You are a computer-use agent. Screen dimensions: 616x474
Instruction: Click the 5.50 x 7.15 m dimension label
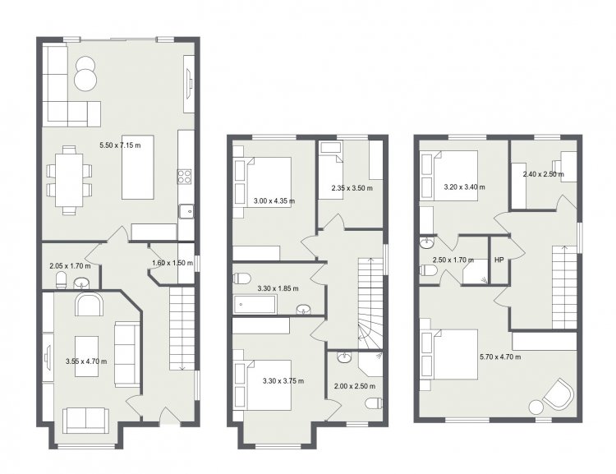[120, 145]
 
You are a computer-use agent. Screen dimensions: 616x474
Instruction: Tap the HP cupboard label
[499, 260]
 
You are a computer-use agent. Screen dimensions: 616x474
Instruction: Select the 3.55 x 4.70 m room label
[86, 361]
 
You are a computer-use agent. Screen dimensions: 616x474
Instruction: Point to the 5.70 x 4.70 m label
[500, 357]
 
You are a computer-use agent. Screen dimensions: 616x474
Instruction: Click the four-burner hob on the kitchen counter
[185, 177]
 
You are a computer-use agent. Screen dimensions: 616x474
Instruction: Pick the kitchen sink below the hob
[186, 211]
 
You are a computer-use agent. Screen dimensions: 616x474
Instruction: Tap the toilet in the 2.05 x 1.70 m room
[62, 280]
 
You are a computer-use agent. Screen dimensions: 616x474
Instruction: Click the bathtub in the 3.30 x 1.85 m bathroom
[255, 305]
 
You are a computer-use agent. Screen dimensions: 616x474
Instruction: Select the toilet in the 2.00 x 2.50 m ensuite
[374, 403]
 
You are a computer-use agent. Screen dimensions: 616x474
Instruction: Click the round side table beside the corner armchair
[536, 407]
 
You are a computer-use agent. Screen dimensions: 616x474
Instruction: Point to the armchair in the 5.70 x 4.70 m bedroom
[558, 393]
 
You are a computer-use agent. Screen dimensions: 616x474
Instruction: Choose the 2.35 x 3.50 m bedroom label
[352, 188]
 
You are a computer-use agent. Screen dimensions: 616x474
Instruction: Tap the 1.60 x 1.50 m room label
[172, 263]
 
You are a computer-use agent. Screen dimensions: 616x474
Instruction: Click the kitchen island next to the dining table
[137, 168]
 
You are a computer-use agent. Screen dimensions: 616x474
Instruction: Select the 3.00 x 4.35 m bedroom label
[274, 201]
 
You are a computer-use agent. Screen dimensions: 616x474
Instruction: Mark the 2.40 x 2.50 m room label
[544, 174]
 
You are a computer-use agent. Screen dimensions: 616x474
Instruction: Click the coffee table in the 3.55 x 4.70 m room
[86, 356]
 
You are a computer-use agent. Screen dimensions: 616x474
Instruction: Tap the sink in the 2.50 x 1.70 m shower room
[426, 243]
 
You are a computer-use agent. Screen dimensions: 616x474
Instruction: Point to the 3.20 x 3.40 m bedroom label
[464, 187]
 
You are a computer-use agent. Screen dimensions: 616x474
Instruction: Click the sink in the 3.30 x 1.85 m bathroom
[304, 310]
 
